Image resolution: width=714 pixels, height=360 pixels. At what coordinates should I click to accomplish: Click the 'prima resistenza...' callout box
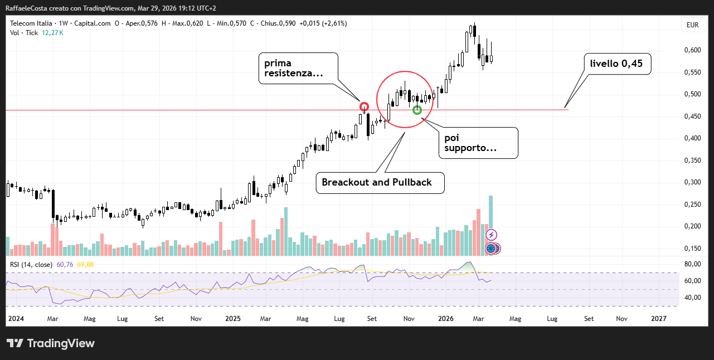298,69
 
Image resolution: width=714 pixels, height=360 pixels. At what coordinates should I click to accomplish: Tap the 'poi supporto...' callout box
478,143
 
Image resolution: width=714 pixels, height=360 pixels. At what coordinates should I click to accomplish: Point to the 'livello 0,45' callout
616,64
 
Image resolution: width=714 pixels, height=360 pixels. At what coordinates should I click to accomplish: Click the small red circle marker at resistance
364,106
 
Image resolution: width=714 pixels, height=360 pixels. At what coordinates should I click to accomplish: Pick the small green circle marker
416,110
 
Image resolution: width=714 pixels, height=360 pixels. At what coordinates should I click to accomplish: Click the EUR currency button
692,25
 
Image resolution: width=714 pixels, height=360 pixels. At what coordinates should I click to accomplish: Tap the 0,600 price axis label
692,50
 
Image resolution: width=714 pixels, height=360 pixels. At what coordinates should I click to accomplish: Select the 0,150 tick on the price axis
692,249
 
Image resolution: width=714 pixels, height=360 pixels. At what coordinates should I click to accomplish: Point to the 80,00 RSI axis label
692,264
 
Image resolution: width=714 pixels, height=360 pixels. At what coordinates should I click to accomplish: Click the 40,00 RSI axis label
692,298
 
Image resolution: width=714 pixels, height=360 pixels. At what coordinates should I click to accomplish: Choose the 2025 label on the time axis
232,319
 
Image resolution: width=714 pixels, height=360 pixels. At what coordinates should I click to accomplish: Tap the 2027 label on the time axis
659,319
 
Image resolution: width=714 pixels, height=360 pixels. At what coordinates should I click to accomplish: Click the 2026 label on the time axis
446,319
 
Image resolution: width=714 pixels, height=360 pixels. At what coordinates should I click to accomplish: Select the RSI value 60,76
65,265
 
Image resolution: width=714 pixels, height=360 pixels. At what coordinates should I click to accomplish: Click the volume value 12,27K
52,33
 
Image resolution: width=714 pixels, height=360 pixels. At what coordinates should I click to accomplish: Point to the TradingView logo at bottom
51,343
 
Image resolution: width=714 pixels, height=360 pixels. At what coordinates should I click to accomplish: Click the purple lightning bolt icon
492,235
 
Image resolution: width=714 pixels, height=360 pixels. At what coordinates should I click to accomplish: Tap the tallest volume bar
490,223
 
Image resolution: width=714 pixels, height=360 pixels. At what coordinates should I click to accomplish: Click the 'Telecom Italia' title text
31,23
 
